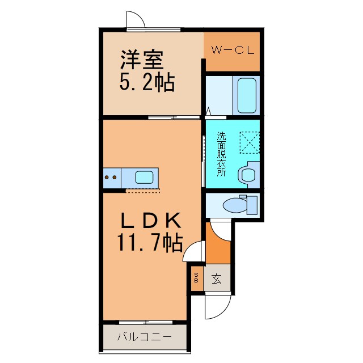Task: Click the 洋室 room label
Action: (x=142, y=60)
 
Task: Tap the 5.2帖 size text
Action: (x=147, y=82)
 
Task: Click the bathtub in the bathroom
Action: (x=247, y=95)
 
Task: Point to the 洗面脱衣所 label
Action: (x=221, y=154)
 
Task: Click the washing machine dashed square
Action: (x=250, y=142)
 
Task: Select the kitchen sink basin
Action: (x=144, y=178)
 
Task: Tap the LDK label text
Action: (x=151, y=220)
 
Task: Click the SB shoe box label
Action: (x=196, y=278)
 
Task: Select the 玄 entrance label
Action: (x=217, y=278)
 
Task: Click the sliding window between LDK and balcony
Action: (x=146, y=322)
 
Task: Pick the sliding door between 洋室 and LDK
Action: (x=174, y=117)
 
